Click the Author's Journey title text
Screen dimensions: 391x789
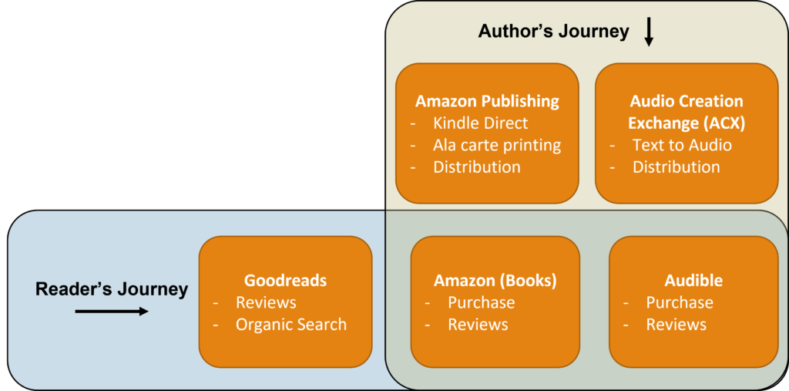click(553, 32)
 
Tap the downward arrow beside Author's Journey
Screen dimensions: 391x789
click(649, 32)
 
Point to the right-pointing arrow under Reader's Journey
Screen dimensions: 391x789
click(112, 312)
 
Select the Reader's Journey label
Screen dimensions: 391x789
click(112, 289)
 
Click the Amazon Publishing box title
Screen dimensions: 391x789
click(487, 101)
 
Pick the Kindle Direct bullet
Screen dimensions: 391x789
click(480, 123)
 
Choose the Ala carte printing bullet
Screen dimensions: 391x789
click(496, 145)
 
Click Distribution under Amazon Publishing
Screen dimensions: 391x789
click(476, 167)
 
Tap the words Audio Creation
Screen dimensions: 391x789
click(687, 101)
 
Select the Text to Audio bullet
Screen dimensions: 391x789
click(681, 145)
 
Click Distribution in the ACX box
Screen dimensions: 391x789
click(676, 167)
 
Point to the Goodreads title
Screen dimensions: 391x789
click(285, 281)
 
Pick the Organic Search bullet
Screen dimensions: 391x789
click(290, 325)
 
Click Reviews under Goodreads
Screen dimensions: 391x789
click(266, 302)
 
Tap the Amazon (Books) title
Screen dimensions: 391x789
click(495, 281)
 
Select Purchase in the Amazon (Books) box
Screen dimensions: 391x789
click(481, 302)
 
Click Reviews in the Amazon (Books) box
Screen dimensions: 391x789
click(478, 325)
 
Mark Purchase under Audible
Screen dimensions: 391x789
click(679, 302)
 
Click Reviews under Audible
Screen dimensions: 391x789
click(676, 325)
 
